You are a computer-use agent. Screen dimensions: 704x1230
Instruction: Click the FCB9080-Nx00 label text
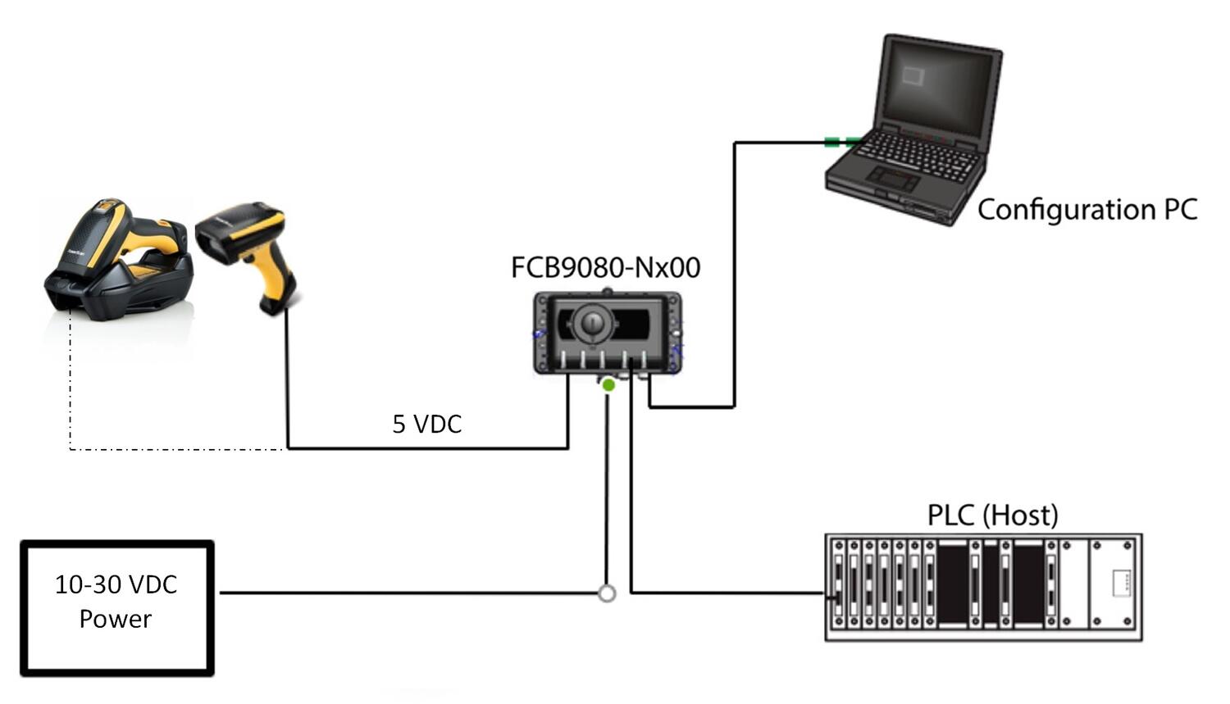(605, 268)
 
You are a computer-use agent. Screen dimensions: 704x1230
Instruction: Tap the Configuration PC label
(1086, 210)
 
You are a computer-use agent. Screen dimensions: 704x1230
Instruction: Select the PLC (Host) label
(992, 516)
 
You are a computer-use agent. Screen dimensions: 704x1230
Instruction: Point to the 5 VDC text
(426, 424)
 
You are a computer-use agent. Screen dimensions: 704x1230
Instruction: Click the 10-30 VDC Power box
(117, 607)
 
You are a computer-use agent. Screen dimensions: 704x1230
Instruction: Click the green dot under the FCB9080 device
(608, 384)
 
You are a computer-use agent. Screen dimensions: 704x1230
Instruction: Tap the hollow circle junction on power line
(607, 593)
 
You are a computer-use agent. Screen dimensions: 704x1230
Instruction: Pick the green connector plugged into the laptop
(841, 143)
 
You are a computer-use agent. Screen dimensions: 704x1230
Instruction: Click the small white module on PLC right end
(1121, 583)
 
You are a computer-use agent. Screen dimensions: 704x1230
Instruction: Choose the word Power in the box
(115, 619)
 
